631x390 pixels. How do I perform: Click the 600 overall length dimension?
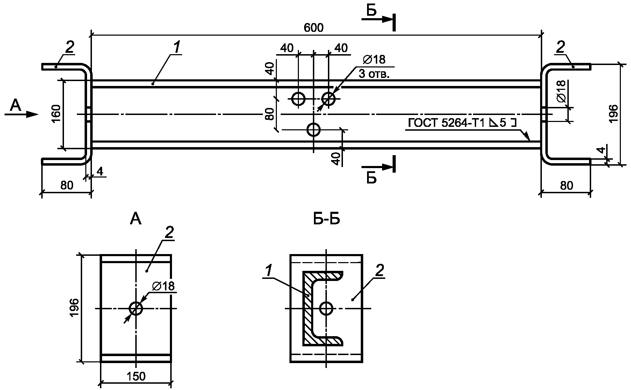point(314,28)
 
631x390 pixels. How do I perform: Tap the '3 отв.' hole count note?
point(374,74)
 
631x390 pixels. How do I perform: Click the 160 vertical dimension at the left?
point(58,114)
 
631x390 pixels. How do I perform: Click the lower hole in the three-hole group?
point(314,130)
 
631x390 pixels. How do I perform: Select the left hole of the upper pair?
point(298,99)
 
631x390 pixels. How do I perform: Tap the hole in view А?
point(136,309)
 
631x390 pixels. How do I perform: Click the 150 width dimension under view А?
point(136,376)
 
